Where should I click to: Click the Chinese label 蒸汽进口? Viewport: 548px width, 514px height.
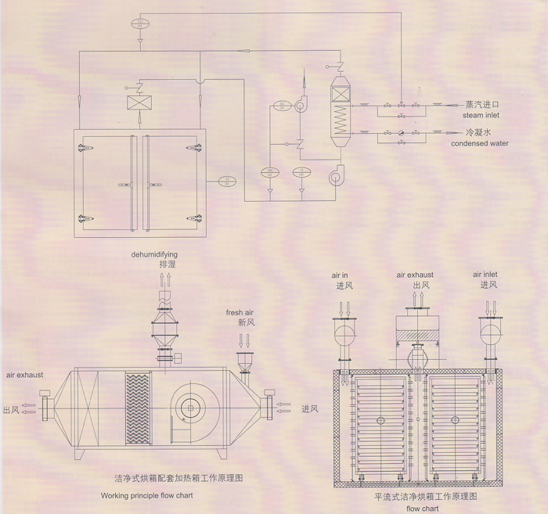481,103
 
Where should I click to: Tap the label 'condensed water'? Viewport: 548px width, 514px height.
480,143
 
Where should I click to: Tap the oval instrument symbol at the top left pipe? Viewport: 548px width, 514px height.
141,23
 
